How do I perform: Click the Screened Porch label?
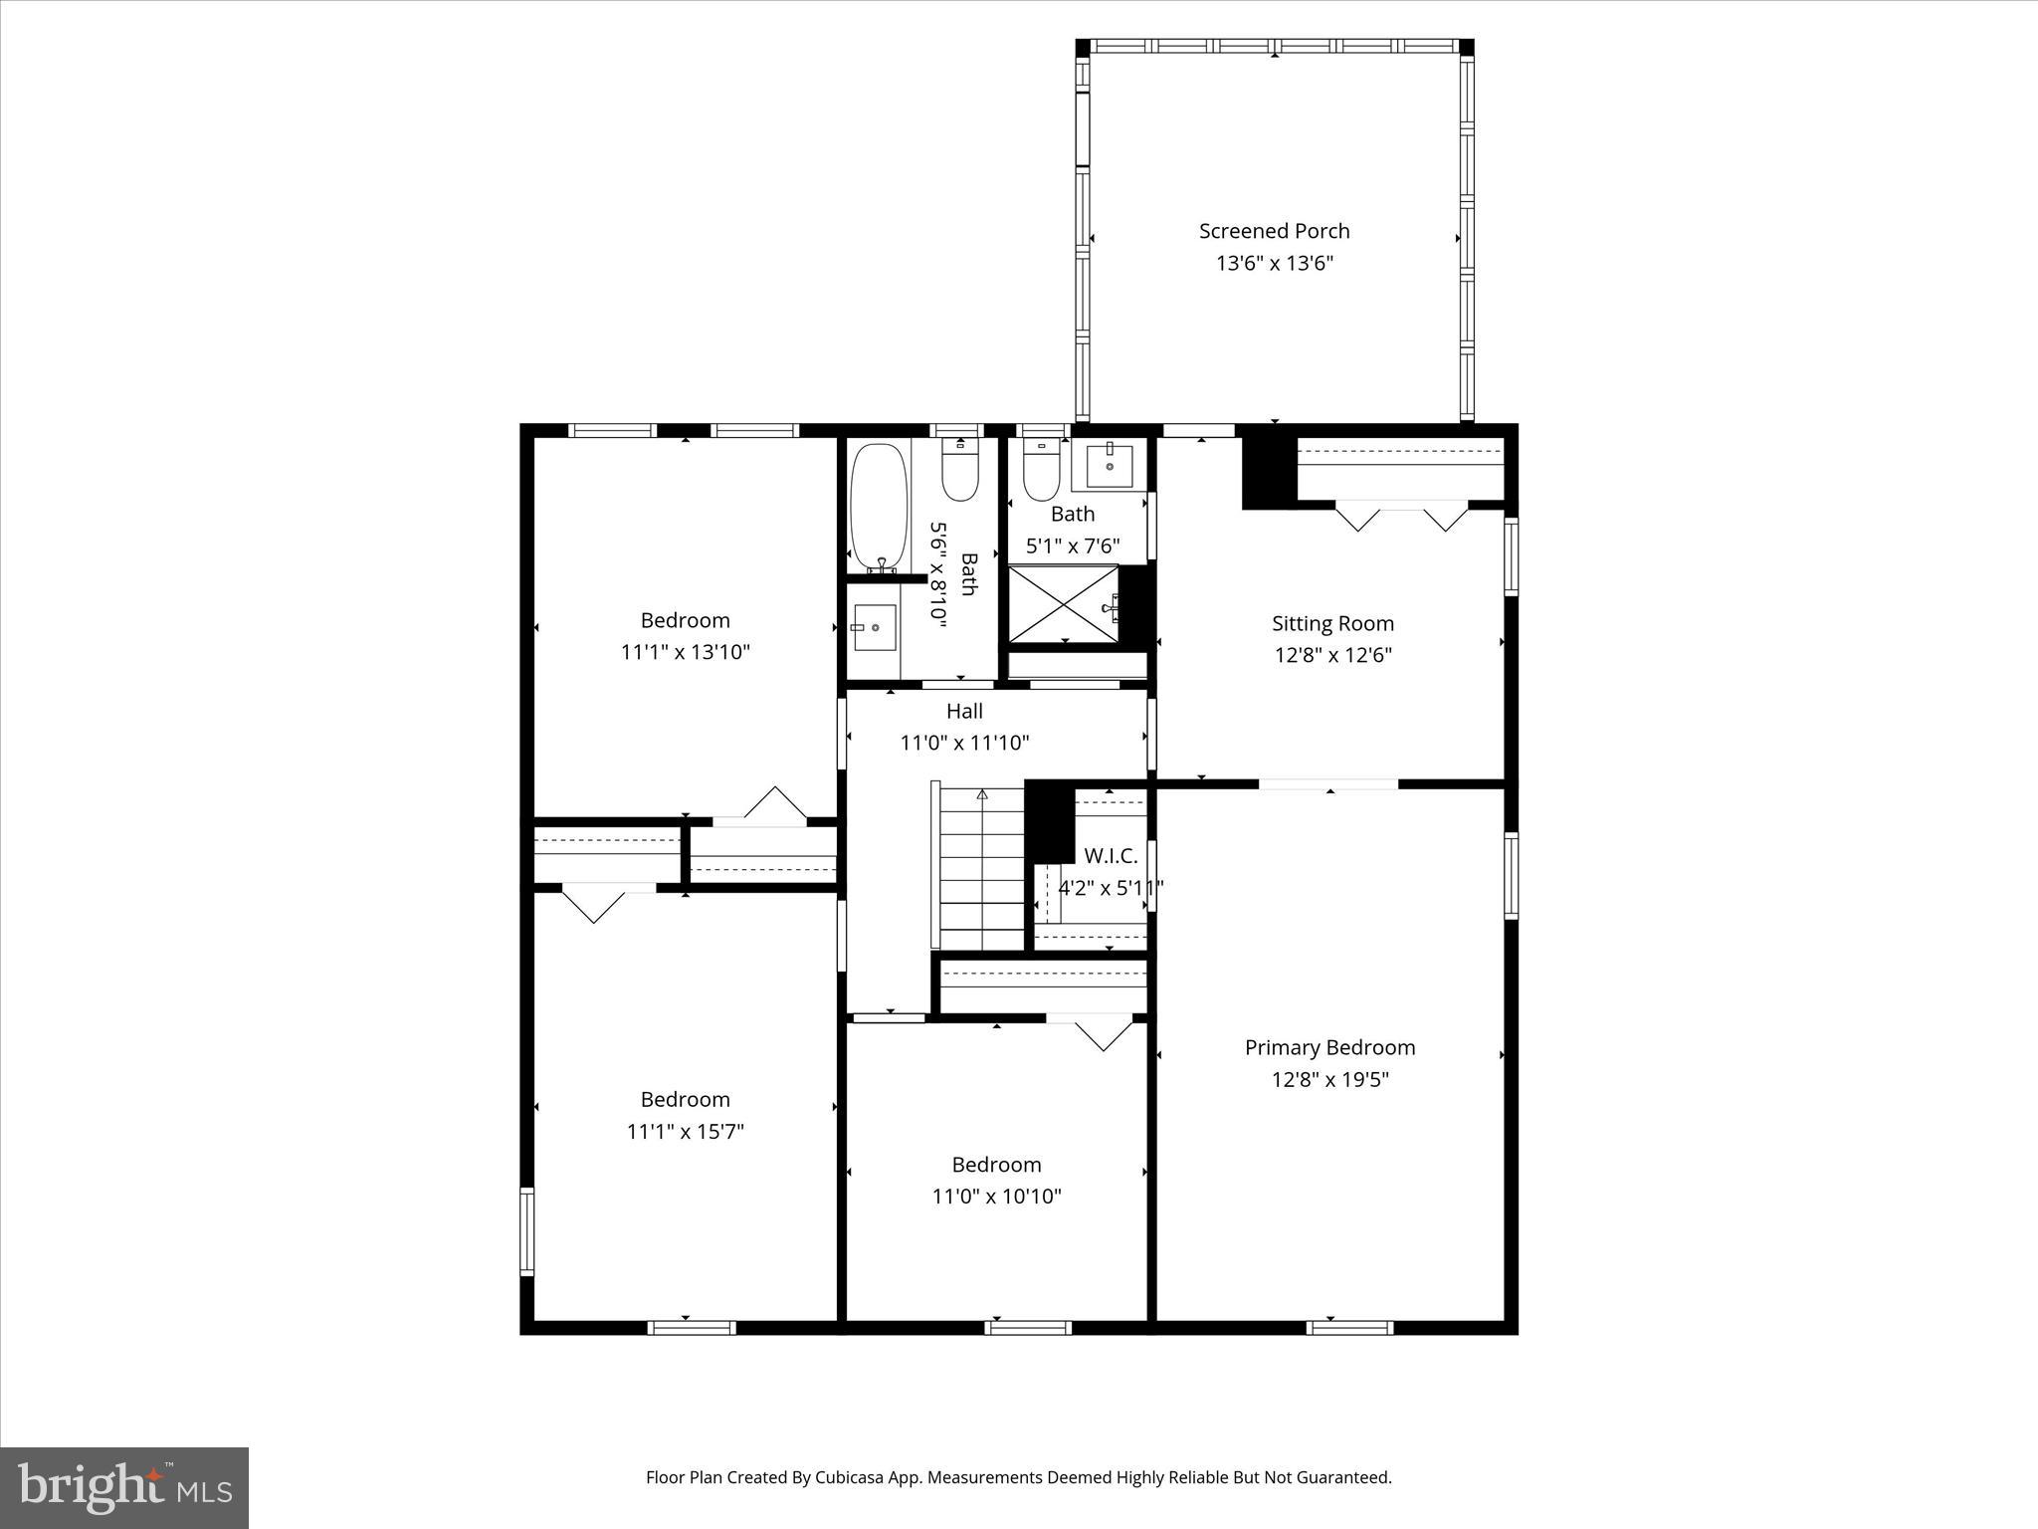[1274, 231]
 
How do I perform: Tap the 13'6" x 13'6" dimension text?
[1274, 264]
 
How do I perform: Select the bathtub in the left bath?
[879, 506]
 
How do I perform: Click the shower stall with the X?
[1064, 603]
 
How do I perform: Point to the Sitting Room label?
[1332, 623]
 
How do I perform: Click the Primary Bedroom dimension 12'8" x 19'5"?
[1329, 1079]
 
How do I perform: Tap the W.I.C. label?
[1110, 856]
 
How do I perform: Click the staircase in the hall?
[981, 866]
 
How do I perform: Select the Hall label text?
[964, 711]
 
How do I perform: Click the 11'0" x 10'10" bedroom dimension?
[996, 1197]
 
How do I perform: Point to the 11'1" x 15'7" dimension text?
[685, 1132]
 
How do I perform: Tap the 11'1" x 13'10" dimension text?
[685, 652]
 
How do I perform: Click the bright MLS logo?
[124, 1488]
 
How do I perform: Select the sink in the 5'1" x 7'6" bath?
[1109, 464]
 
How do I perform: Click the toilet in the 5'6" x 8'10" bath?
[960, 473]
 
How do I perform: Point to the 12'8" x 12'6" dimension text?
[1332, 655]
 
